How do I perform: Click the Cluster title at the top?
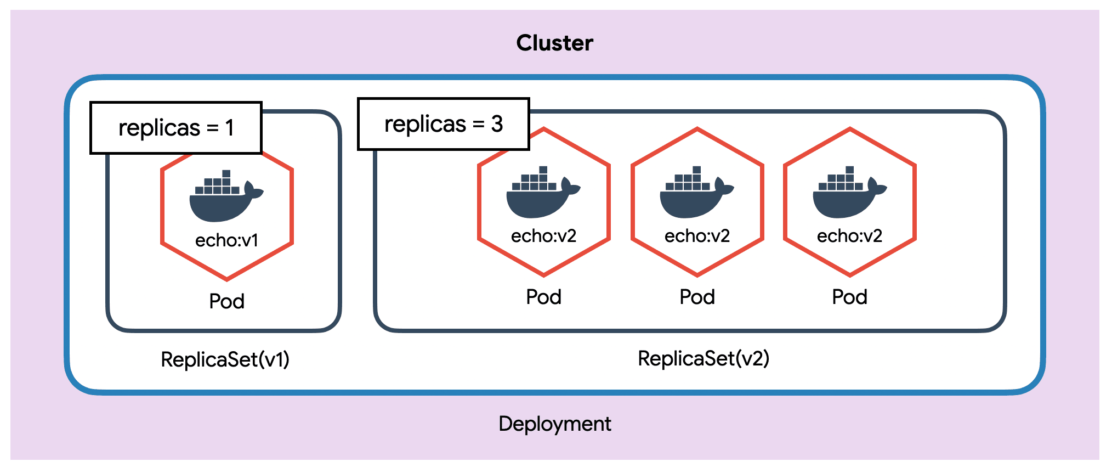554,43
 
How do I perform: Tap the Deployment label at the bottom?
554,424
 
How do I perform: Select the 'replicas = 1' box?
176,128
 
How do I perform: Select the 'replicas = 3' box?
443,124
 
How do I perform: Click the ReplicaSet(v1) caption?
225,359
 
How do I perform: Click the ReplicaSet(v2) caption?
703,358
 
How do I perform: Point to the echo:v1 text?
226,240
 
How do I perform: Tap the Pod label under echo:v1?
226,301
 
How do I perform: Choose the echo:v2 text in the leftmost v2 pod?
543,236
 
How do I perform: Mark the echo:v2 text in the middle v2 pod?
697,236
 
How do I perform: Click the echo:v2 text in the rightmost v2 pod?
849,236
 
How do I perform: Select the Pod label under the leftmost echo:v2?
543,297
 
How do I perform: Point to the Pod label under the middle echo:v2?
697,297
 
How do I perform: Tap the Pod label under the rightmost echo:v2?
849,297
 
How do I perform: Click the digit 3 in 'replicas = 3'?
497,124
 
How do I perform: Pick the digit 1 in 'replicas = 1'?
230,128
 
